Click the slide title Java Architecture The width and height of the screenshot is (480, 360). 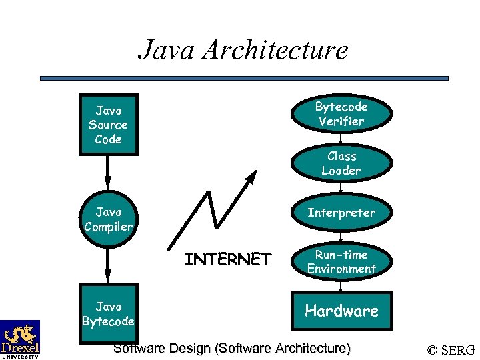[243, 49]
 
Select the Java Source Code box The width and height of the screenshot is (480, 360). [108, 125]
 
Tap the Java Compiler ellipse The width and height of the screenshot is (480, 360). [109, 219]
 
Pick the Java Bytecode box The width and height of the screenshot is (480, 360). [108, 314]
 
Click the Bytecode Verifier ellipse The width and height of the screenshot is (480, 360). [341, 114]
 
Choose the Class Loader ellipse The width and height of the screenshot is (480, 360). [341, 163]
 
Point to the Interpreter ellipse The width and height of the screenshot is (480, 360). [341, 213]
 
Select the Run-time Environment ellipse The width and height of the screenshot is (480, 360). [341, 262]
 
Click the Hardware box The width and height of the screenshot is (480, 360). [341, 311]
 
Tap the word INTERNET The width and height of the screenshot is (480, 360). [227, 259]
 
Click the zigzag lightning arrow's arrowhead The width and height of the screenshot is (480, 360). [251, 176]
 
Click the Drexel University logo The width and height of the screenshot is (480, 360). [19, 339]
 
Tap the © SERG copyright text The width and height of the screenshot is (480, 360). [451, 350]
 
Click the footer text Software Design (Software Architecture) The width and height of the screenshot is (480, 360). [231, 348]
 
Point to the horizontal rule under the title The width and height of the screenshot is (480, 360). [244, 78]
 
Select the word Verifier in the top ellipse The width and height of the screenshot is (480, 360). [341, 121]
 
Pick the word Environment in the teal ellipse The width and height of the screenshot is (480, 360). [341, 269]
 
